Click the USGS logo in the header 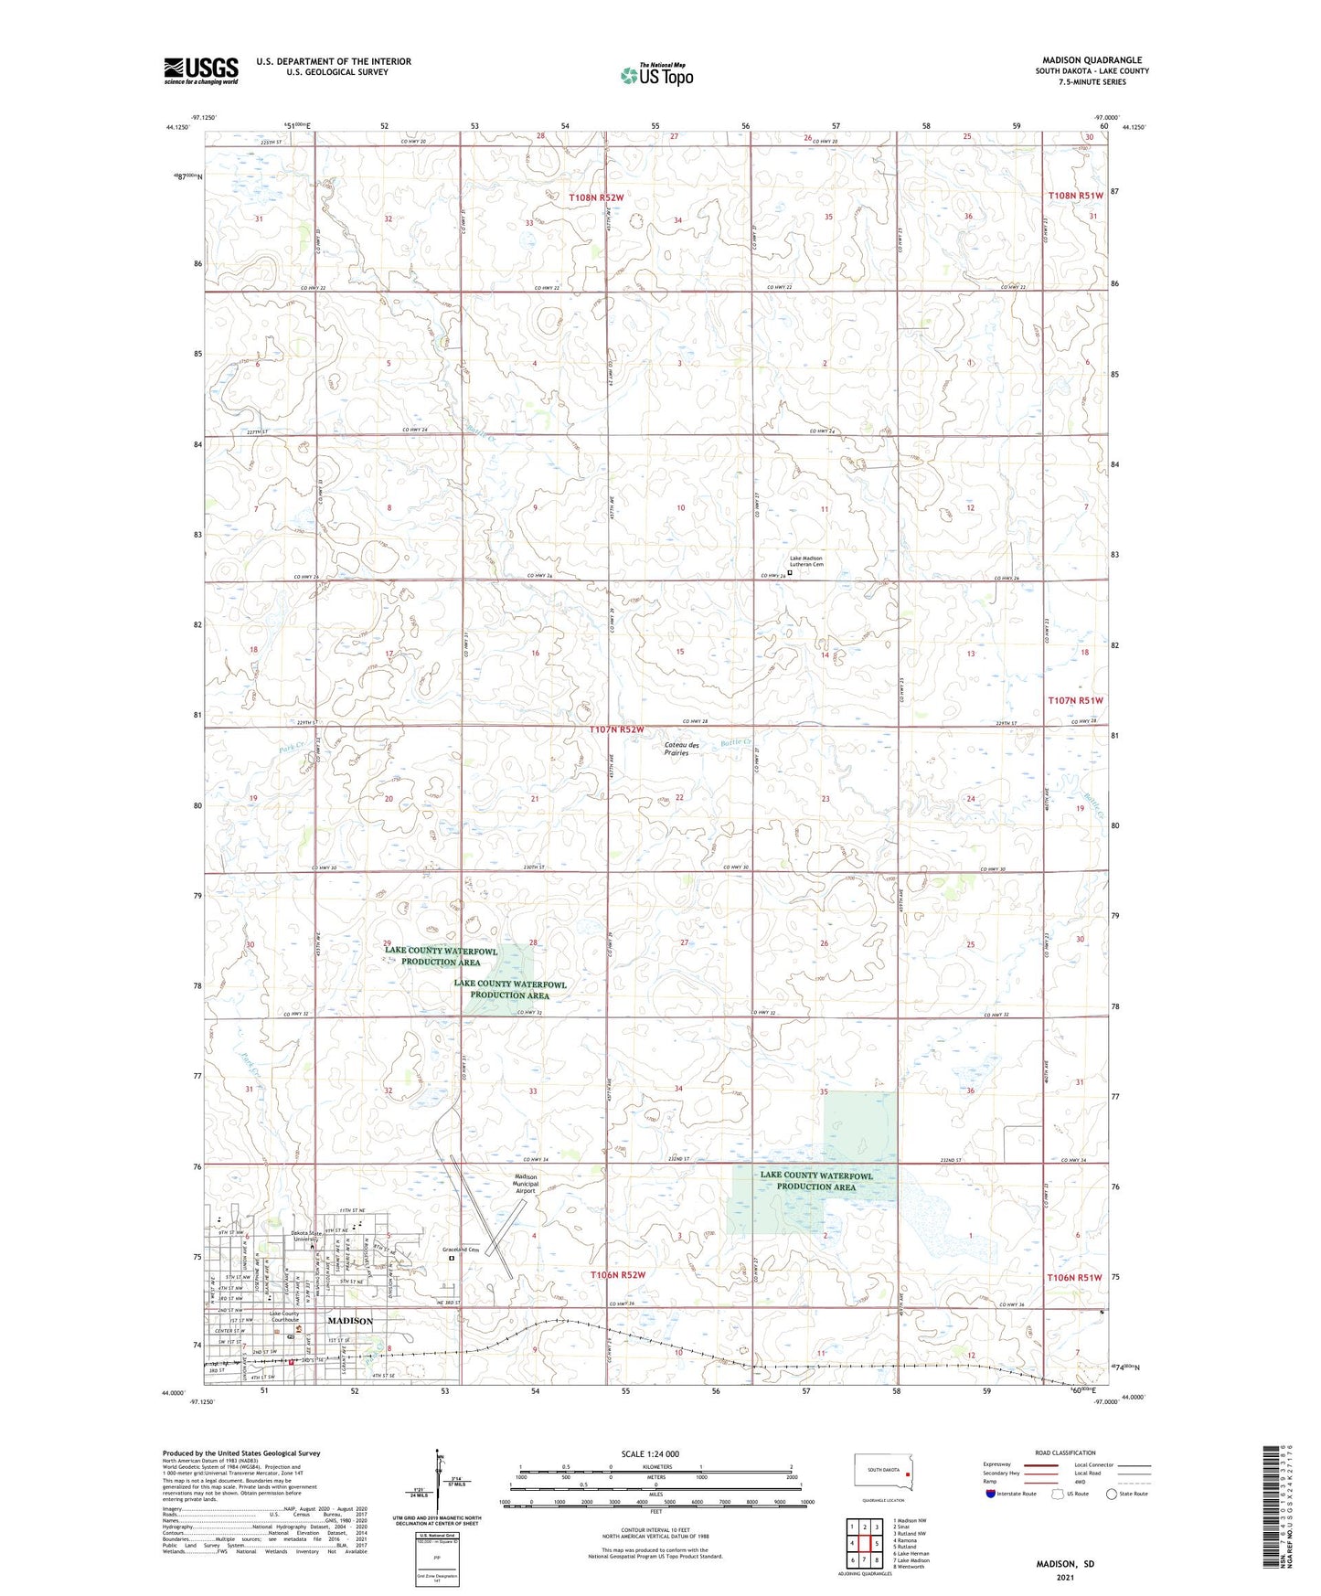click(201, 70)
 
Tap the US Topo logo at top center click(655, 75)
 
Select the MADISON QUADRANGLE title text click(1092, 60)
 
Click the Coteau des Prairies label click(676, 749)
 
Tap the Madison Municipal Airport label click(526, 1184)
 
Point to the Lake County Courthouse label click(283, 1317)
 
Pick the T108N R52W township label click(596, 197)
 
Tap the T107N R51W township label click(1075, 700)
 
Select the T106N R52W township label click(617, 1274)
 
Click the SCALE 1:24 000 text click(650, 1453)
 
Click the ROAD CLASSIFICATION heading click(1066, 1452)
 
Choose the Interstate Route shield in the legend click(992, 1494)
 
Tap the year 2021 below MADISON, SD click(1065, 1577)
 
